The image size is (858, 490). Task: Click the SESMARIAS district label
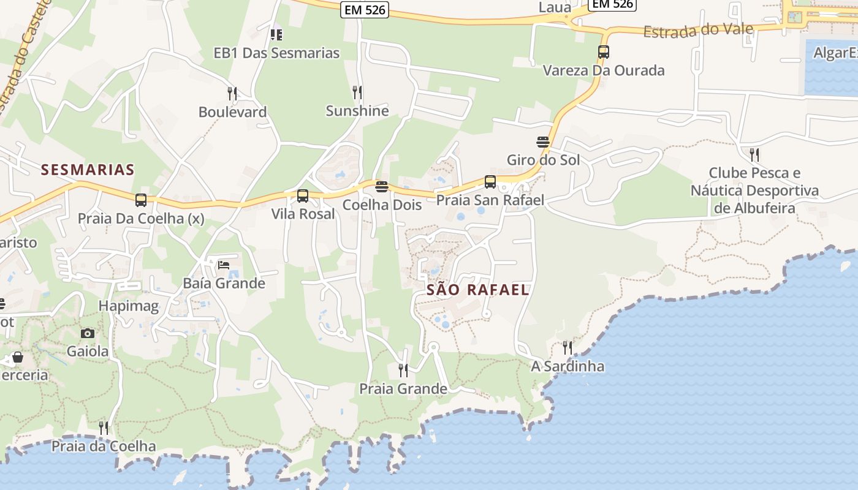[88, 170]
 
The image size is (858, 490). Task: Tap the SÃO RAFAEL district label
[477, 290]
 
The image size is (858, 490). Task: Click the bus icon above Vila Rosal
[303, 196]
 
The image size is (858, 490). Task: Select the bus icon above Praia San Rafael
[490, 182]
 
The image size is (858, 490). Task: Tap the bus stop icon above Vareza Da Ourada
[604, 52]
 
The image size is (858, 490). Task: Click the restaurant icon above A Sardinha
[568, 348]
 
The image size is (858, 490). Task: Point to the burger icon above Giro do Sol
[543, 142]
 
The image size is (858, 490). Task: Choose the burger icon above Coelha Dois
[382, 186]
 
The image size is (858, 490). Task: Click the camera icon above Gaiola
[88, 333]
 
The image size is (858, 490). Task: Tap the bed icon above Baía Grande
[224, 265]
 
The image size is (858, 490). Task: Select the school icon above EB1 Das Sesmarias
[276, 34]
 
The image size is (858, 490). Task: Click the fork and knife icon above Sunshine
[357, 92]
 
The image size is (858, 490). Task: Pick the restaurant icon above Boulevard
[232, 94]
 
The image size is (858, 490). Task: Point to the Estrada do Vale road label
[689, 29]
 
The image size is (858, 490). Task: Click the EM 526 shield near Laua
[612, 4]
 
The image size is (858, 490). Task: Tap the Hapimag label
[129, 306]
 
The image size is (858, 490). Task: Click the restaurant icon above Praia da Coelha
[104, 428]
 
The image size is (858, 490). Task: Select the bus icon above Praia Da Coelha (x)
[141, 200]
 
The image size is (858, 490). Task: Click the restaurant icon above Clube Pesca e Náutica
[754, 154]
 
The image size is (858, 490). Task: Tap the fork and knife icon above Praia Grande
[403, 371]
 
